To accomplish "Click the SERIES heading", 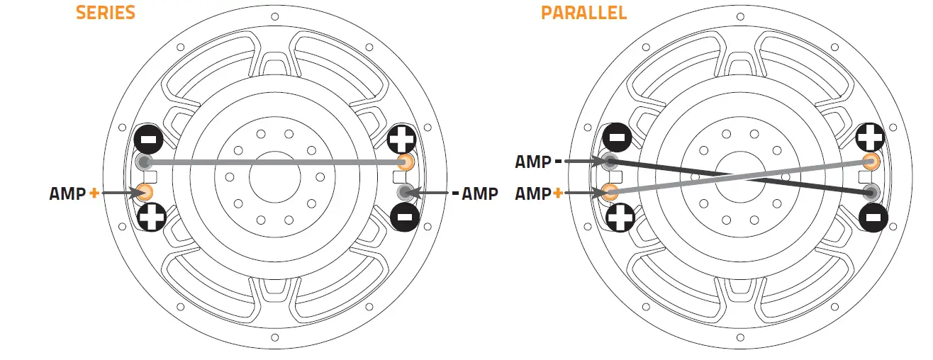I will click(106, 13).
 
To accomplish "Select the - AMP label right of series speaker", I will click(474, 193).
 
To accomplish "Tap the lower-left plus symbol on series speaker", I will click(152, 218).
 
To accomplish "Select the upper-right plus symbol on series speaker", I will click(403, 136).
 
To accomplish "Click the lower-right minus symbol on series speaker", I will click(404, 216).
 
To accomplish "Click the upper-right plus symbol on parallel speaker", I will click(870, 136).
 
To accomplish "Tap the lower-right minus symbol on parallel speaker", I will click(871, 216).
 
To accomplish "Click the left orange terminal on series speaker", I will click(145, 191).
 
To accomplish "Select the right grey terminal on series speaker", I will click(406, 191).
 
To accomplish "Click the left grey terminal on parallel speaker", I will click(610, 162).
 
